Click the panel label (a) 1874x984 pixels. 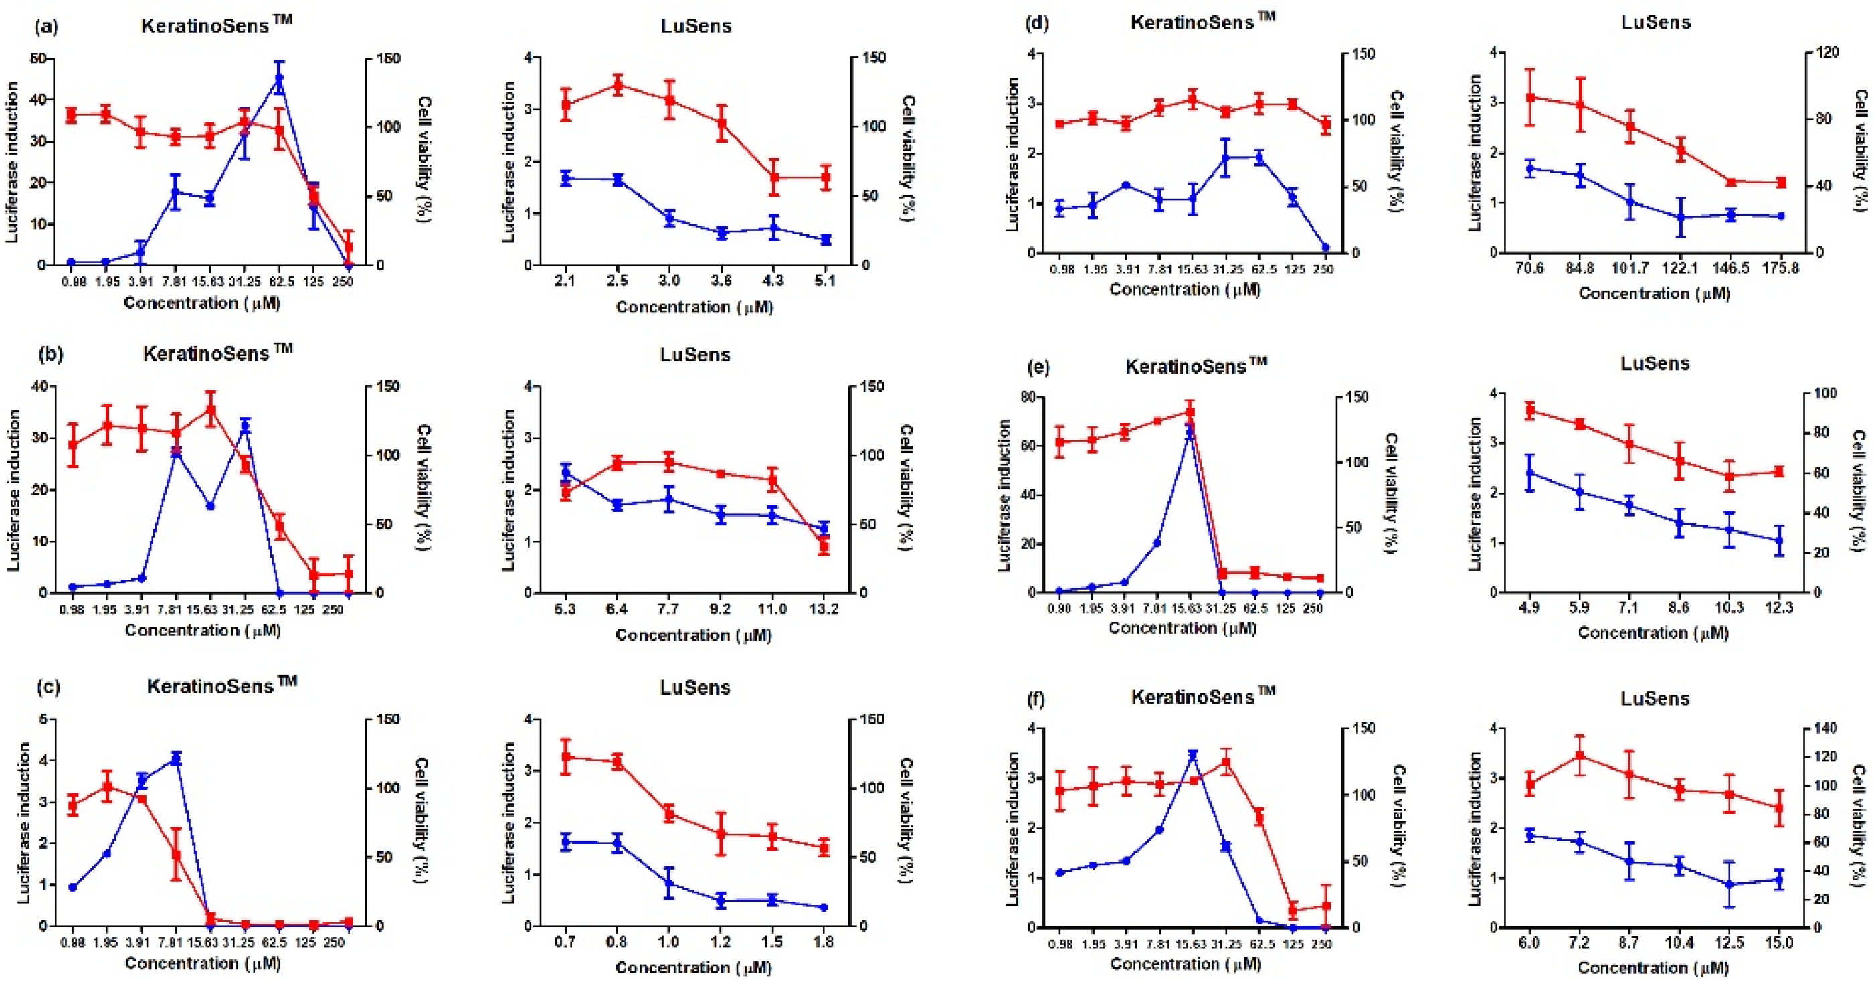point(46,27)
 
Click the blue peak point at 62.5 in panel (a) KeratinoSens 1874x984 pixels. point(278,78)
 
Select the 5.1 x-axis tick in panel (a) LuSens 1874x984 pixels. point(824,281)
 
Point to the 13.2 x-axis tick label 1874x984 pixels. point(824,608)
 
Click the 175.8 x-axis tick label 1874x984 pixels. point(1780,268)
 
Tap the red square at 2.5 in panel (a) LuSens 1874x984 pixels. point(618,85)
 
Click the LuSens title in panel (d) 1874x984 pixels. point(1656,23)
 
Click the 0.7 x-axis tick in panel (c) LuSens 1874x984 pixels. point(565,942)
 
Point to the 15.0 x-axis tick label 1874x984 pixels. point(1780,943)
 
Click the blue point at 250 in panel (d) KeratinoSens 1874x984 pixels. point(1325,248)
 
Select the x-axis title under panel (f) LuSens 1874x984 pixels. point(1653,968)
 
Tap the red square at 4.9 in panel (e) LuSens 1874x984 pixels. point(1529,410)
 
